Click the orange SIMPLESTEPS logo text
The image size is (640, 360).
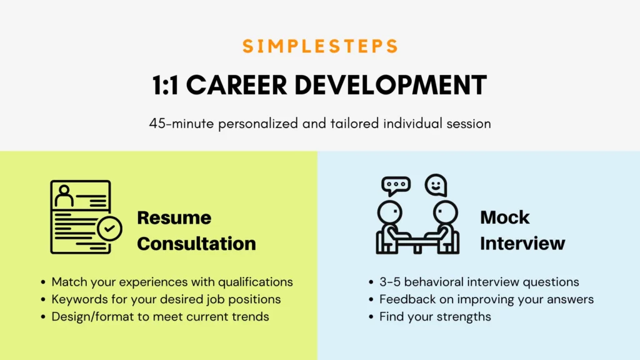(x=321, y=46)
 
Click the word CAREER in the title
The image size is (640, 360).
(x=237, y=85)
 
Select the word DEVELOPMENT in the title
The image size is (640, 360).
(x=391, y=85)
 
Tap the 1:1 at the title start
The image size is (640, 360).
(x=165, y=85)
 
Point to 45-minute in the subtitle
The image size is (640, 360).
(x=181, y=123)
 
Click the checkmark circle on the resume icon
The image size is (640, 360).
(x=109, y=229)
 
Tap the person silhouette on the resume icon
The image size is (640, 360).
(x=64, y=196)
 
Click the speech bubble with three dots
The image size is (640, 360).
(x=396, y=186)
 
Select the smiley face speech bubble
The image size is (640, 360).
(x=436, y=185)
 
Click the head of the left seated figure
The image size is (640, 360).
(x=390, y=212)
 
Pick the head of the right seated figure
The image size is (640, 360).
(x=445, y=212)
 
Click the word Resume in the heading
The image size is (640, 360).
(x=174, y=217)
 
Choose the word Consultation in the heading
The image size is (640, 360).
(x=197, y=244)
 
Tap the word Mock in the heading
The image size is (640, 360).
(x=505, y=217)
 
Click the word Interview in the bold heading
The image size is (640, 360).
(x=523, y=244)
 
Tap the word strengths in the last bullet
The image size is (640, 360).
(x=464, y=317)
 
